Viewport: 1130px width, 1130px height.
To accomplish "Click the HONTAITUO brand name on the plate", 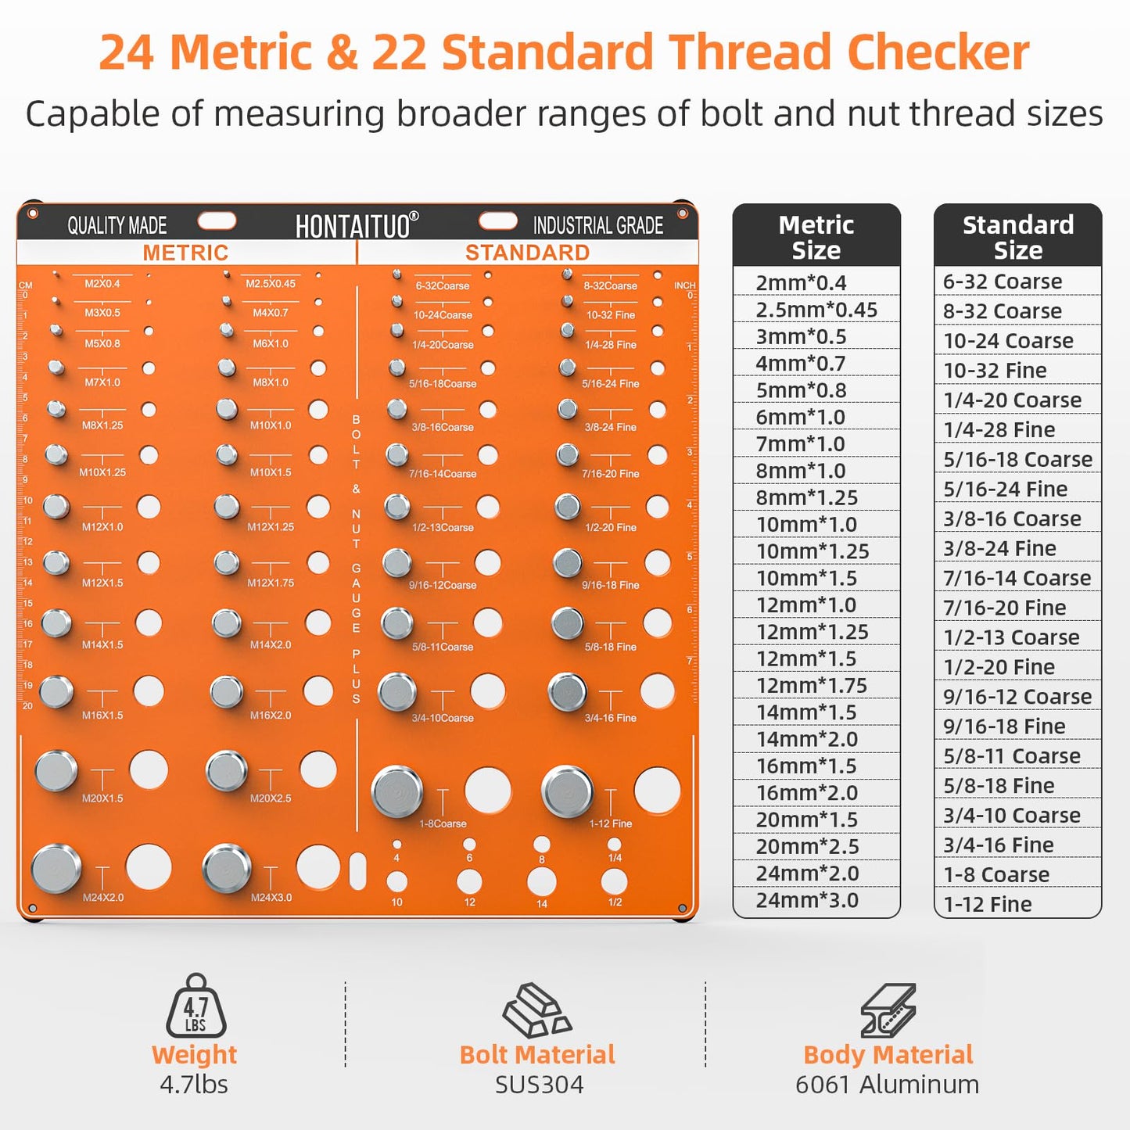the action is tap(357, 226).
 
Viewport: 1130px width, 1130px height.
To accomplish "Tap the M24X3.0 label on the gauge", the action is tap(271, 897).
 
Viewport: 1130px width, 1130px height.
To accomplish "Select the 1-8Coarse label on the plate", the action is tap(443, 823).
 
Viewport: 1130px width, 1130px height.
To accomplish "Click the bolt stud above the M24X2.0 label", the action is tap(56, 869).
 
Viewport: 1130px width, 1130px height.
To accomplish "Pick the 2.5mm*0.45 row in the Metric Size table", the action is tap(816, 310).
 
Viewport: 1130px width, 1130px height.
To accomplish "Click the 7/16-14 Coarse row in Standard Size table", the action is tap(1017, 578).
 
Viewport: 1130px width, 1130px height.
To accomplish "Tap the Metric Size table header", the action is tap(816, 236).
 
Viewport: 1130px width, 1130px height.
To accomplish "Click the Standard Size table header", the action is tap(1018, 236).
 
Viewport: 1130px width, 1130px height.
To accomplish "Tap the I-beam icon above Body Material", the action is tap(888, 1010).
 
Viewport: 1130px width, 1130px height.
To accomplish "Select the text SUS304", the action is tap(540, 1085).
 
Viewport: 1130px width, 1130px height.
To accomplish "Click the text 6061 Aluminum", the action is tap(888, 1085).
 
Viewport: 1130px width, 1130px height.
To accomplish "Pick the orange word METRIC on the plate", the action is tap(185, 253).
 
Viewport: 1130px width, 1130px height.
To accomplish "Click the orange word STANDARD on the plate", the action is tap(527, 253).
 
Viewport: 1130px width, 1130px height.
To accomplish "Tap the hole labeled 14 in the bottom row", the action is tap(541, 882).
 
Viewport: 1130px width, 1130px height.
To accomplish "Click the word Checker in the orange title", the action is tap(938, 52).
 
